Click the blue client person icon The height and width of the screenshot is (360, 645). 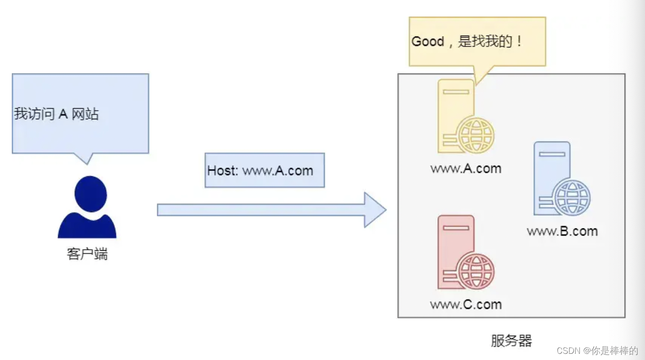pyautogui.click(x=87, y=209)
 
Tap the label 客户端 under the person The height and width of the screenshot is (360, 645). pyautogui.click(x=87, y=254)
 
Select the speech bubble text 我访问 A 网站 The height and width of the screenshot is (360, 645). pyautogui.click(x=57, y=114)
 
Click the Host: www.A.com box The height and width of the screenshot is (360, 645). pyautogui.click(x=265, y=171)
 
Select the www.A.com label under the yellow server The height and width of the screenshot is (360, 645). pyautogui.click(x=466, y=169)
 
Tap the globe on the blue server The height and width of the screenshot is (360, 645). pyautogui.click(x=572, y=198)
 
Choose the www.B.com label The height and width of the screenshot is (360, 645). pyautogui.click(x=562, y=231)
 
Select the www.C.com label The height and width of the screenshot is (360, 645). pyautogui.click(x=466, y=304)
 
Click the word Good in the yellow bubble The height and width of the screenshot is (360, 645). pyautogui.click(x=427, y=42)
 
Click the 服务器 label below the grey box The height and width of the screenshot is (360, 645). pyautogui.click(x=512, y=341)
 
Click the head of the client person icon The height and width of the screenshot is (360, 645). pyautogui.click(x=91, y=194)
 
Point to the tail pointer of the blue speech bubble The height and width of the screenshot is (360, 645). pyautogui.click(x=85, y=159)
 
